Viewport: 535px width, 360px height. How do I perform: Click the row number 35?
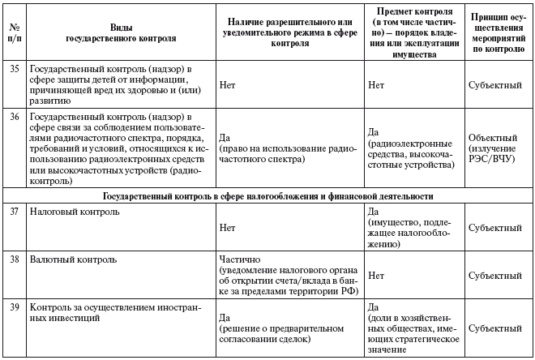tap(13, 71)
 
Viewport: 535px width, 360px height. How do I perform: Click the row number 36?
tap(13, 116)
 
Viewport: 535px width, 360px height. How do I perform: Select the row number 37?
tap(13, 212)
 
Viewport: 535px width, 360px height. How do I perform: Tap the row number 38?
tap(13, 260)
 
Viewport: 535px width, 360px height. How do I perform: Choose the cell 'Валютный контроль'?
tap(72, 260)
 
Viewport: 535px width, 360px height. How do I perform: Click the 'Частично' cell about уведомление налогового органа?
tap(289, 276)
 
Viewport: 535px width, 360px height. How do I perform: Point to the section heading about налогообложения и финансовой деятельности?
tap(267, 196)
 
